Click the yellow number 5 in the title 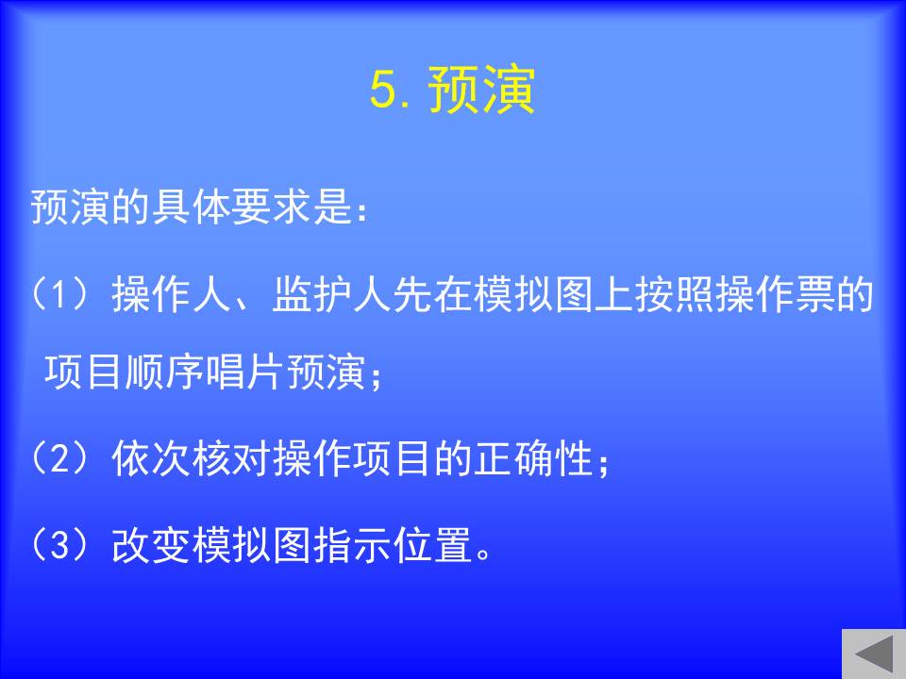tap(382, 91)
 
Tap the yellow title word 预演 tap(481, 90)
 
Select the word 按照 tap(674, 294)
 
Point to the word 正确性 tap(532, 458)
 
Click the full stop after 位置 tap(483, 555)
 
